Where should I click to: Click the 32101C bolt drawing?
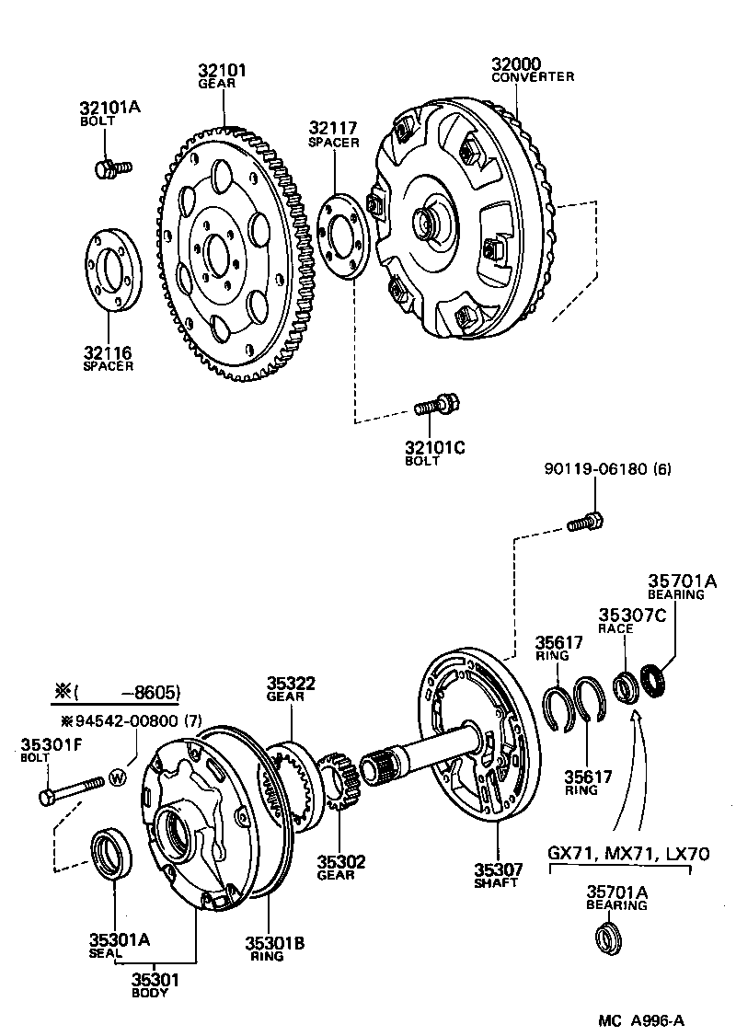click(x=437, y=405)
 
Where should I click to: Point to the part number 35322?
click(x=292, y=683)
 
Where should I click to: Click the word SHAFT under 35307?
click(x=497, y=882)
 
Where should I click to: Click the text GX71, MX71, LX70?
click(x=628, y=853)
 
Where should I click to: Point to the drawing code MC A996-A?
click(x=641, y=1019)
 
